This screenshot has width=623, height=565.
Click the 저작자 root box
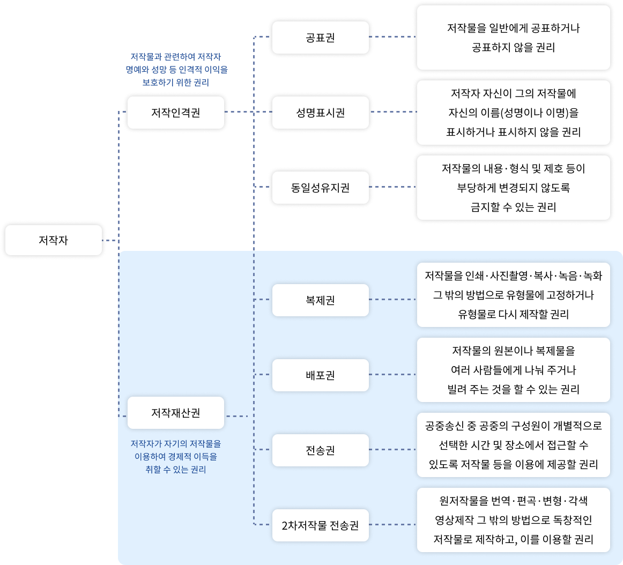(53, 240)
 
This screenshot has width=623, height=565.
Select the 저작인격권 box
(175, 113)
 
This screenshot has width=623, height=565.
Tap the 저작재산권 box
(175, 413)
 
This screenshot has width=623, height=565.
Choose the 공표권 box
(320, 38)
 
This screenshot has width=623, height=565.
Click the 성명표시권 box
(320, 113)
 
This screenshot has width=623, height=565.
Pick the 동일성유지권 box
(320, 188)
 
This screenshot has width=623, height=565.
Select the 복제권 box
(320, 300)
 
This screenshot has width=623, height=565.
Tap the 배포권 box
(320, 375)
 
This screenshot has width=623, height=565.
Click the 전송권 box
(320, 450)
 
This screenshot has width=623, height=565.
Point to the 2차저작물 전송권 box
(320, 525)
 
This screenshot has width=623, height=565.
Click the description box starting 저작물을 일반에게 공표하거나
(513, 38)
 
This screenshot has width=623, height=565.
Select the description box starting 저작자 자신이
(513, 113)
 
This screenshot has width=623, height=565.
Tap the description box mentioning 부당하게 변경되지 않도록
(513, 188)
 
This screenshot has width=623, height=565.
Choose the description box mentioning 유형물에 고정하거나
(513, 295)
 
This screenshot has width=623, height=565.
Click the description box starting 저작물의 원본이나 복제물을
(513, 370)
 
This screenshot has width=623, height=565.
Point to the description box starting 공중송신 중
(513, 445)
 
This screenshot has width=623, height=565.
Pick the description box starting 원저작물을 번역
(513, 520)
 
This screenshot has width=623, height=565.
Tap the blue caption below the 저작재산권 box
(176, 457)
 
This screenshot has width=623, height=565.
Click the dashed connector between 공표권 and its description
(392, 37)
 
